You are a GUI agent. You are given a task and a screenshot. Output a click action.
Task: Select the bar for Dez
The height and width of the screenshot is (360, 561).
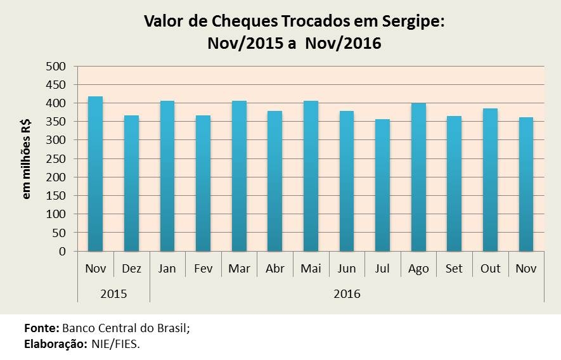click(131, 184)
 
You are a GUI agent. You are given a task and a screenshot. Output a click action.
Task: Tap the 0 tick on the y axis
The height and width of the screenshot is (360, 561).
click(62, 252)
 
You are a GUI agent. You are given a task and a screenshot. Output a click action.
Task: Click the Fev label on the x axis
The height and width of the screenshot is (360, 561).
click(203, 269)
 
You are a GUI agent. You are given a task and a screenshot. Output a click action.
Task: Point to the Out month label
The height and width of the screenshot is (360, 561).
click(491, 269)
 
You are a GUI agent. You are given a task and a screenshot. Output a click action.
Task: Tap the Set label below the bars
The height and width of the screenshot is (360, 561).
click(455, 269)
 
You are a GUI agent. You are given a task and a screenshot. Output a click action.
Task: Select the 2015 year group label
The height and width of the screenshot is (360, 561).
click(113, 294)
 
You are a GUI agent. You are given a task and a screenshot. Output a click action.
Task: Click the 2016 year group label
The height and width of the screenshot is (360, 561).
click(347, 294)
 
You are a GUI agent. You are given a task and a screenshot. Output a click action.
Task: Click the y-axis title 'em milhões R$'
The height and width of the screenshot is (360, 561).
click(27, 158)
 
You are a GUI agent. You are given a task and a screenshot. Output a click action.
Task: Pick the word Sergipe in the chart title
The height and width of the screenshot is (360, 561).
click(414, 22)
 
